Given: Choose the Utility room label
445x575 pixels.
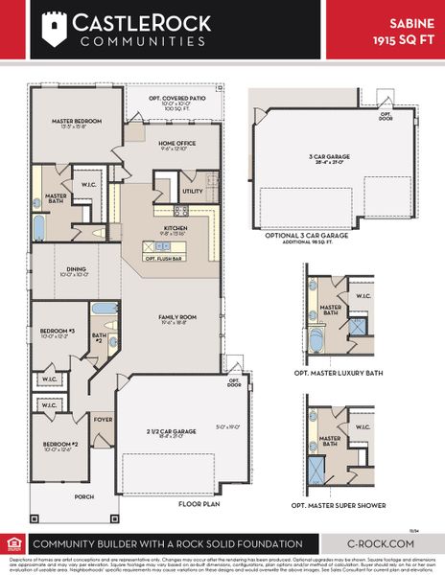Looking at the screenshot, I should tap(193, 191).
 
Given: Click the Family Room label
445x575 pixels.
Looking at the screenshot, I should tap(176, 317).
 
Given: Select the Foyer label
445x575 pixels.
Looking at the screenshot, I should tap(103, 419).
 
